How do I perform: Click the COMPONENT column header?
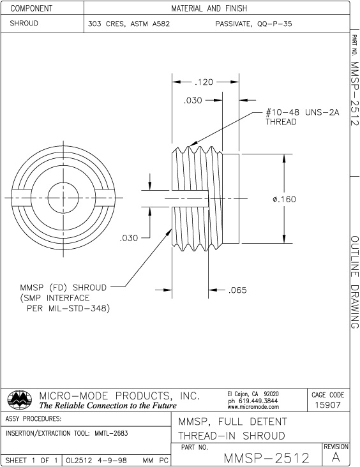[x=31, y=8]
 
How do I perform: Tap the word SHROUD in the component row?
[x=24, y=23]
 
